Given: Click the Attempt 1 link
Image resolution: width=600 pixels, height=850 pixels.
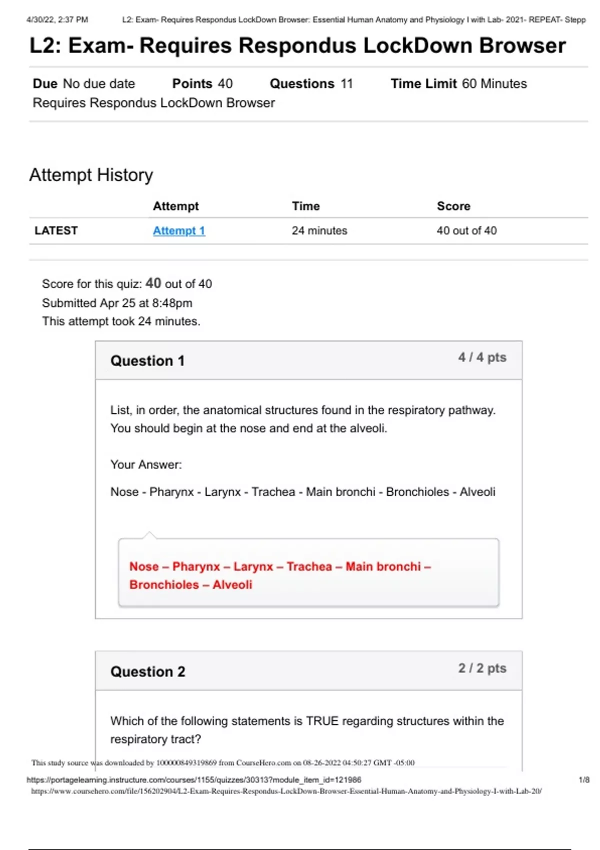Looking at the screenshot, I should [179, 230].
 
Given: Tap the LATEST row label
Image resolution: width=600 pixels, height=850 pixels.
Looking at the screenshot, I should [56, 230].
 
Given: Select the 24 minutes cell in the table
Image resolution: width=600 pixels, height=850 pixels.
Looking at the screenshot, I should [319, 230].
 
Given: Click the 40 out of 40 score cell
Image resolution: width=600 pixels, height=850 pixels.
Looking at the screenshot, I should [466, 230].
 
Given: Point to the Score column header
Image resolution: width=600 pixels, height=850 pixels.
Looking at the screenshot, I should [453, 206].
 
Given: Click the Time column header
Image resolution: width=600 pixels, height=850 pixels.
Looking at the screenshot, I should [306, 206].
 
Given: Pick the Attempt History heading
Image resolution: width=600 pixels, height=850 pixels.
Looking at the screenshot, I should [91, 175].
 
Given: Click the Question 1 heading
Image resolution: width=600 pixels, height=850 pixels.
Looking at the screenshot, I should [147, 361].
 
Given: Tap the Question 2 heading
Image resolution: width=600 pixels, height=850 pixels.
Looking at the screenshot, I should [147, 671].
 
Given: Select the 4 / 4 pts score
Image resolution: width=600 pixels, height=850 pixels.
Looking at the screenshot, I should [482, 357].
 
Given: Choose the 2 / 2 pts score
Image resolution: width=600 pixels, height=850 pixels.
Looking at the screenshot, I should [482, 668].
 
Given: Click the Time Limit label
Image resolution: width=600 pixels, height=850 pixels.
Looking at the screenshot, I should [423, 83].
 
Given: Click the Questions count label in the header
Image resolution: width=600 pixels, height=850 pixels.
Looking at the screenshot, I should [302, 83].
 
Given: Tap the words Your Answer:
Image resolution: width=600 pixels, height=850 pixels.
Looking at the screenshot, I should [146, 464].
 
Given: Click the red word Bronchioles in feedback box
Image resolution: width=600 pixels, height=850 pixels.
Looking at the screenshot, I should [164, 584].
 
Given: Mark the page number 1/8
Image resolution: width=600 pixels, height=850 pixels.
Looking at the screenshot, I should [583, 779].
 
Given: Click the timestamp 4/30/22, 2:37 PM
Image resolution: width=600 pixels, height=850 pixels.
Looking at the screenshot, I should [57, 19].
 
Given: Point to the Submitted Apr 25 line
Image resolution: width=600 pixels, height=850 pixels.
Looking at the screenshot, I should [117, 303].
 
